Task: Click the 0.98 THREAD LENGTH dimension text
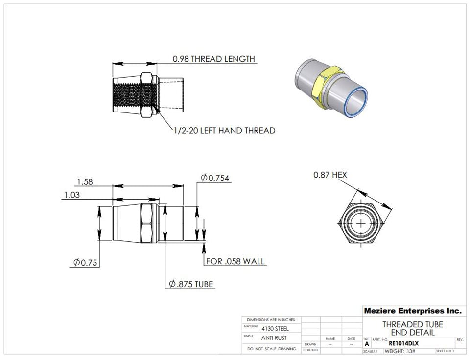tap(213, 59)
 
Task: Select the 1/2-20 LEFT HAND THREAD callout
tap(224, 131)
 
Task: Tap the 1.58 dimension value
tap(85, 182)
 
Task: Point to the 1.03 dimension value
tap(72, 195)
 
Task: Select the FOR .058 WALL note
tap(235, 261)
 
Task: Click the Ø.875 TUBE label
tap(191, 284)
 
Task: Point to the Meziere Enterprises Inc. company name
tap(412, 311)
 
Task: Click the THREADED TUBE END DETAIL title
tap(412, 328)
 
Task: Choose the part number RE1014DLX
tap(403, 343)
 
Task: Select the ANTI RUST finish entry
tap(274, 337)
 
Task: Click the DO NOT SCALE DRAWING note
tap(271, 349)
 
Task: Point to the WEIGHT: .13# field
tap(400, 351)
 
